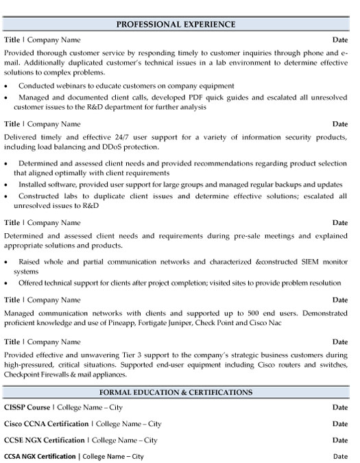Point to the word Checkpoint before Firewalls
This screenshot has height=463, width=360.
(x=23, y=375)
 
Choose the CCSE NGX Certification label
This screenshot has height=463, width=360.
(x=45, y=440)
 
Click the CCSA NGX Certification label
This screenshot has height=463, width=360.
(x=40, y=456)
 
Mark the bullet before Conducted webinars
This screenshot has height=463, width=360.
(x=6, y=86)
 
